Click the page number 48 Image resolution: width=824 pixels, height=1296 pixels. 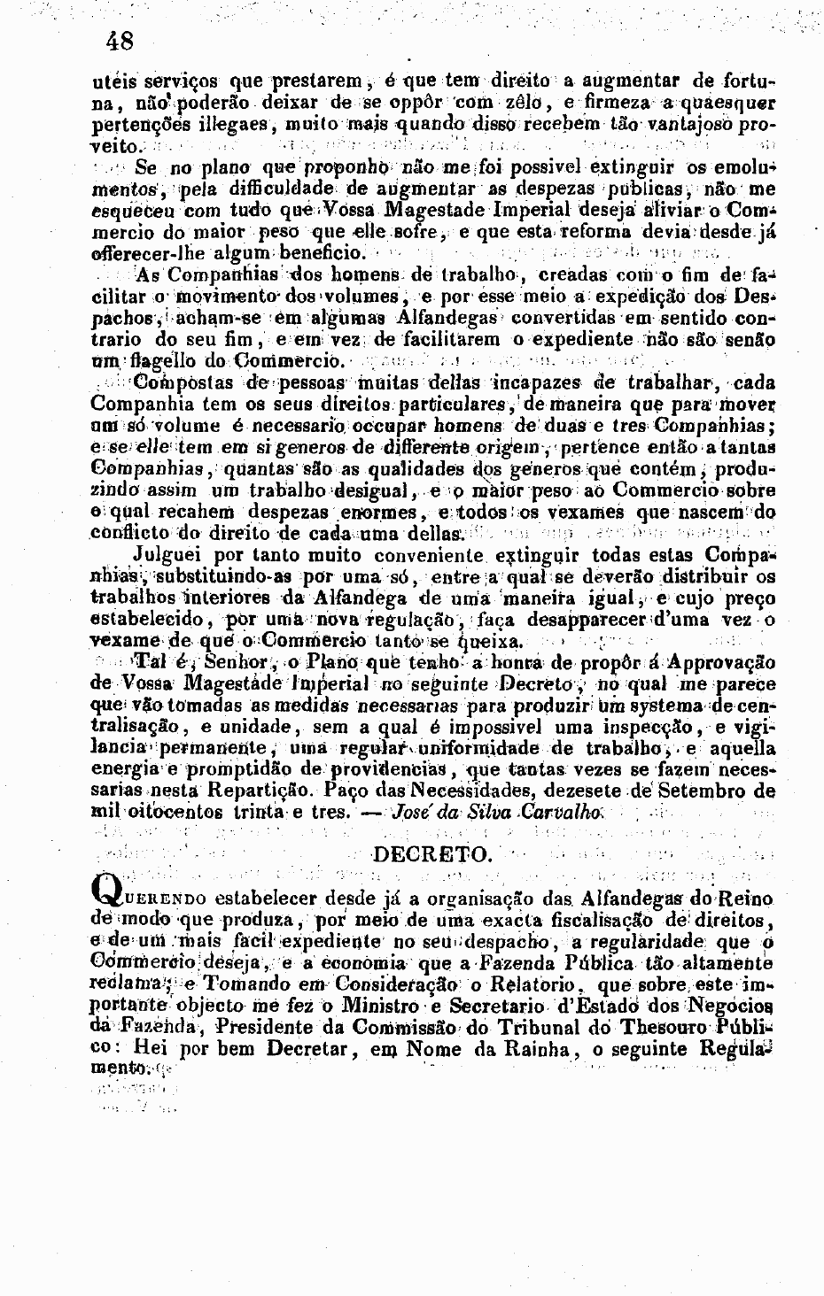click(x=118, y=41)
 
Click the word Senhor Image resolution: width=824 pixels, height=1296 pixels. click(x=236, y=663)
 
